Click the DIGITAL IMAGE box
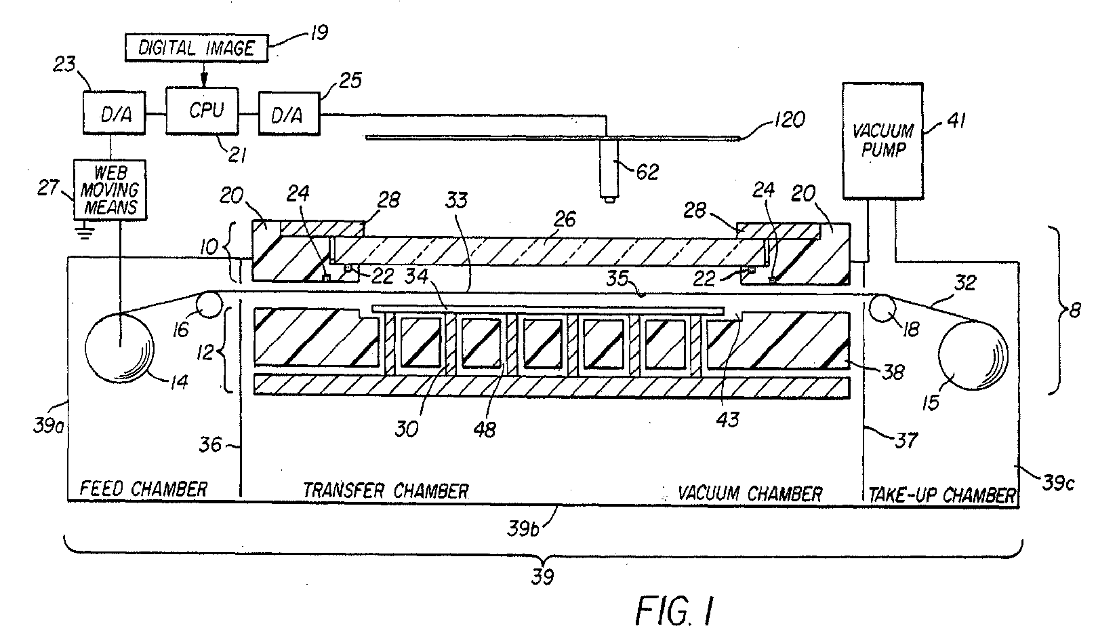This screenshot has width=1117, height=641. coord(196,48)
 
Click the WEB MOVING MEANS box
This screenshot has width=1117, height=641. coord(109,188)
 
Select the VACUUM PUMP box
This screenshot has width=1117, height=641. coord(882,140)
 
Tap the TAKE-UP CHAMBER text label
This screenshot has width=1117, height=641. coord(942,494)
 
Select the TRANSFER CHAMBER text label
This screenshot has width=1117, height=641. coord(385,490)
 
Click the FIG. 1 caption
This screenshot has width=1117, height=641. coord(674,610)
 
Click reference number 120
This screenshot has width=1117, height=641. coord(787,120)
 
